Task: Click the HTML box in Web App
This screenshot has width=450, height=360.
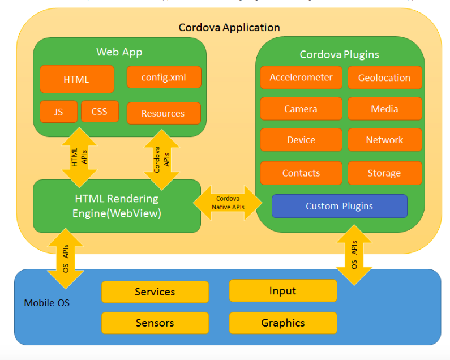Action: point(76,79)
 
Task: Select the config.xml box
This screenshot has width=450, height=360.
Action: point(164,77)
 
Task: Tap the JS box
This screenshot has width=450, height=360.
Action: point(59,112)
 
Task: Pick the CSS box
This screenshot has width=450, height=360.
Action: point(99,112)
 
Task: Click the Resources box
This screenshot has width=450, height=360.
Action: point(163,113)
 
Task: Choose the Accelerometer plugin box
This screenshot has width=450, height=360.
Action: point(301,78)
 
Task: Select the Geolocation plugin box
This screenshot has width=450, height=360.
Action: point(384,78)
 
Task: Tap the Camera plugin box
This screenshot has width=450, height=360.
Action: point(301,109)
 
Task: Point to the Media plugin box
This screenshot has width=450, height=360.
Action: point(384,109)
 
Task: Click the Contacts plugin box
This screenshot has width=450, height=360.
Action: point(301,173)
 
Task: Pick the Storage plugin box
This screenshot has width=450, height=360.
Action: point(384,173)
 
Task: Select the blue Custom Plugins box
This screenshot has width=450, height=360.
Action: point(339,206)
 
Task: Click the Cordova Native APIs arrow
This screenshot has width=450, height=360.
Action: point(228,203)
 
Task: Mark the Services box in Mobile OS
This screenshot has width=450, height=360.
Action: point(155,292)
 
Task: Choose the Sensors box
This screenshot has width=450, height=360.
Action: point(155,323)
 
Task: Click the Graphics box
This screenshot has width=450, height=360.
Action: point(282,323)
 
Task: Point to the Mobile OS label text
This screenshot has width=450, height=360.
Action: point(47,303)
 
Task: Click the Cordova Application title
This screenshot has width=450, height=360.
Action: point(229,27)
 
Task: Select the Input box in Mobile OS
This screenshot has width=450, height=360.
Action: point(282,290)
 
